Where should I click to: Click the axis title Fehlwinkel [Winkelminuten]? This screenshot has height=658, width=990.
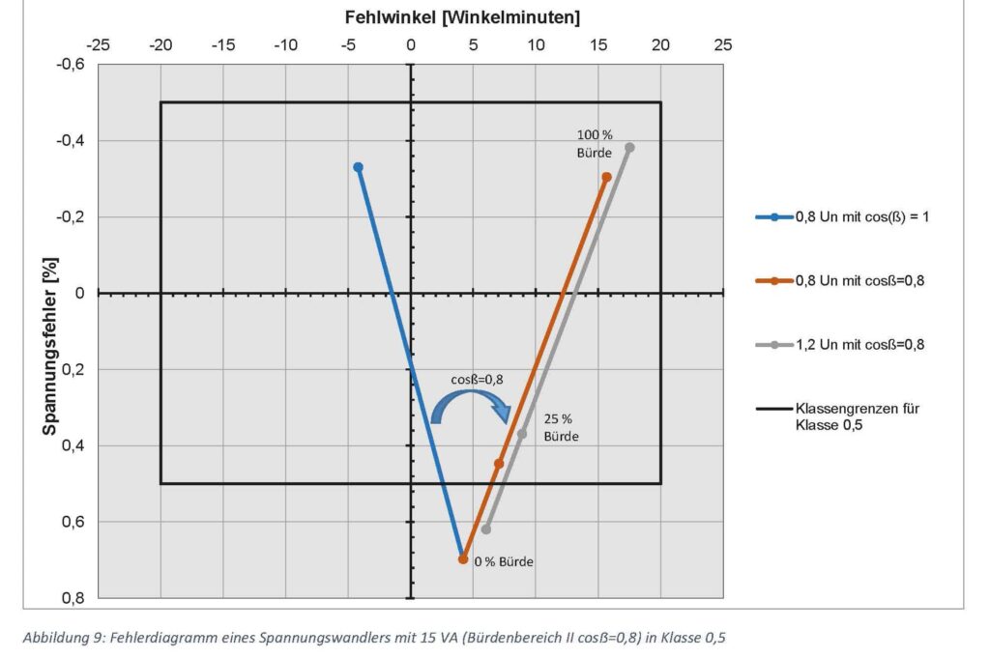(462, 17)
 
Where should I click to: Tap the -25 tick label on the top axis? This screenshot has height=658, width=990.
(99, 44)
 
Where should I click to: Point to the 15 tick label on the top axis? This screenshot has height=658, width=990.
(598, 44)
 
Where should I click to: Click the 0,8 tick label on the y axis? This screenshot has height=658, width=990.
(73, 598)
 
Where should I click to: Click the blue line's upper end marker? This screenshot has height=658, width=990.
(358, 167)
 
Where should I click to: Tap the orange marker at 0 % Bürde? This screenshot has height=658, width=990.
(463, 559)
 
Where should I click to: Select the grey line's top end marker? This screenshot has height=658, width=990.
(629, 148)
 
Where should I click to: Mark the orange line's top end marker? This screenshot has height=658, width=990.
(606, 177)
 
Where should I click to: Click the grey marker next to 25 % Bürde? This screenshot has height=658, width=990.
(522, 434)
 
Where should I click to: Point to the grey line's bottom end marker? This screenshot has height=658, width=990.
(486, 529)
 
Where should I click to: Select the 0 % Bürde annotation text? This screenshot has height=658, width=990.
(503, 561)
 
